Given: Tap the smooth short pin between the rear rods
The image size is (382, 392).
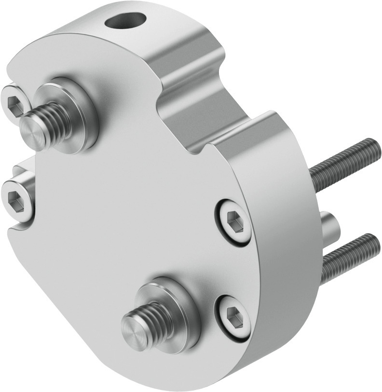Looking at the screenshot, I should [329, 225].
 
